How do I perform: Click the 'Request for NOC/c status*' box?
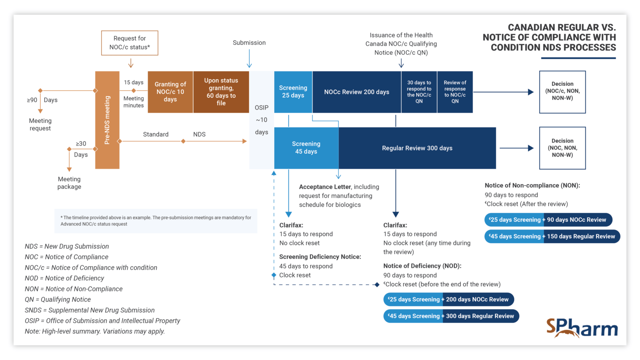[x=130, y=43]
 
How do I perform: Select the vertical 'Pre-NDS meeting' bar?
[x=107, y=120]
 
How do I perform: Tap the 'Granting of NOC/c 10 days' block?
[x=170, y=92]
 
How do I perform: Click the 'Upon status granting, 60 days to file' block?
[x=221, y=92]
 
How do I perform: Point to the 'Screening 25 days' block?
[x=293, y=92]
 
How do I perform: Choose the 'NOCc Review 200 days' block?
[x=357, y=92]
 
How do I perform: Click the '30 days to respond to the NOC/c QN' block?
[x=419, y=92]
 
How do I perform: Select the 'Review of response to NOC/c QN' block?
[x=455, y=92]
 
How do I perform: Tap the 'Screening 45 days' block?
[x=306, y=148]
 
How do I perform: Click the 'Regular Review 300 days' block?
[x=417, y=148]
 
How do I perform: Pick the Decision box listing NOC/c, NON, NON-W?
[x=562, y=92]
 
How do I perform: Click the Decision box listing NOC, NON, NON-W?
[x=562, y=148]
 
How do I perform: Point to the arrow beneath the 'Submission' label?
[x=249, y=58]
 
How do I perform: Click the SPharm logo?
[x=582, y=327]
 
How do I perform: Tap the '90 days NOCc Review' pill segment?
[x=577, y=220]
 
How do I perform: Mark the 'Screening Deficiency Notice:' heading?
[x=320, y=257]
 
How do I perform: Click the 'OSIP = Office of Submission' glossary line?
[x=102, y=320]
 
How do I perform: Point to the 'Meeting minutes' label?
[x=133, y=102]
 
